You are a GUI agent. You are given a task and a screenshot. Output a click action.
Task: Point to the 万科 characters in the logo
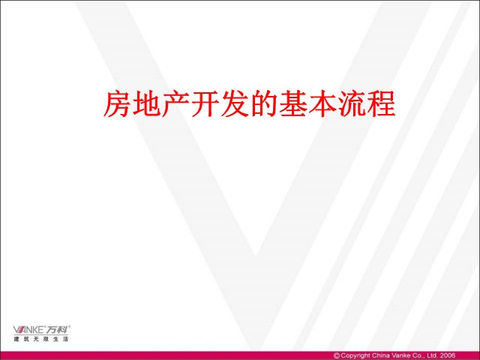(x=57, y=330)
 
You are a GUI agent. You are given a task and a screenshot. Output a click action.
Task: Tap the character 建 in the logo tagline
(x=16, y=339)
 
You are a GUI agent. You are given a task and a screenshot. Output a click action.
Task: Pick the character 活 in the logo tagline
(x=65, y=339)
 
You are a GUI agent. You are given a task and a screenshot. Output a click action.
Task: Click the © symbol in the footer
(x=337, y=355)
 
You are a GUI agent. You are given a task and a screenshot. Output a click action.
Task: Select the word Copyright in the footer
(x=355, y=355)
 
